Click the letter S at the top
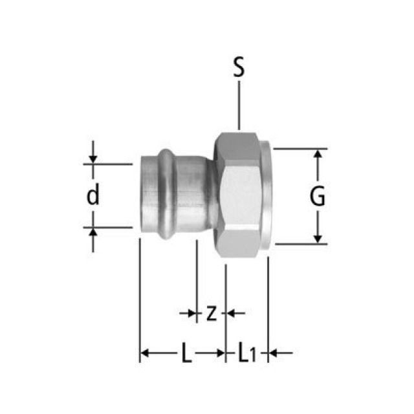pos(239,69)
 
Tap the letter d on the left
pos(94,195)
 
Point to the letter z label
pos(211,314)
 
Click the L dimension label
pos(186,353)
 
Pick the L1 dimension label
pos(246,353)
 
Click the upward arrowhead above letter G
pos(318,155)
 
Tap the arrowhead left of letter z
pos(192,314)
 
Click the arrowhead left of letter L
pos(146,353)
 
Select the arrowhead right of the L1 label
pos(274,353)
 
